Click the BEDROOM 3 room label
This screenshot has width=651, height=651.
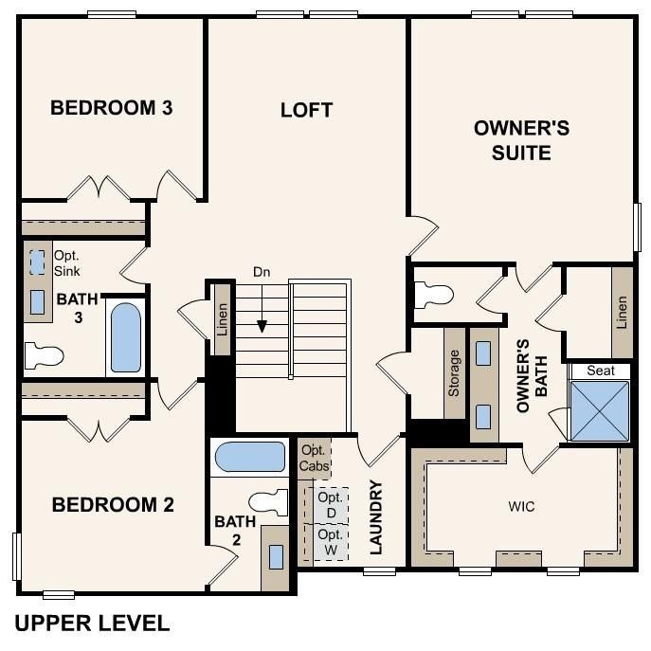pyautogui.click(x=111, y=107)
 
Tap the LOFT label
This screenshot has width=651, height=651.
pyautogui.click(x=306, y=110)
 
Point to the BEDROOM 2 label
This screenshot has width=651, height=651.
pyautogui.click(x=113, y=505)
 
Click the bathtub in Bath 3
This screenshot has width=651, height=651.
pyautogui.click(x=125, y=337)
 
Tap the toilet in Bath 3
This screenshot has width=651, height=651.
pyautogui.click(x=43, y=356)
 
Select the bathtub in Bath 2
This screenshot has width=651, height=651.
pyautogui.click(x=248, y=458)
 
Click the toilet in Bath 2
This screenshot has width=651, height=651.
pyautogui.click(x=269, y=502)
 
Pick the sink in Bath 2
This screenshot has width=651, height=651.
pyautogui.click(x=276, y=556)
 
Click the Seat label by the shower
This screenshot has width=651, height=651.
pyautogui.click(x=598, y=370)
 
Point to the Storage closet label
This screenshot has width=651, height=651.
pyautogui.click(x=454, y=372)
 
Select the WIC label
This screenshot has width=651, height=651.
pyautogui.click(x=521, y=507)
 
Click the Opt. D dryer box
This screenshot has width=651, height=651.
pyautogui.click(x=331, y=505)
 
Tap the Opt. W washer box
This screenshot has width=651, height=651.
pyautogui.click(x=331, y=543)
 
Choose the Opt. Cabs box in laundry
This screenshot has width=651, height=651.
pyautogui.click(x=315, y=458)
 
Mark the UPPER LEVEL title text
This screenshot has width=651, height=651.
pyautogui.click(x=93, y=623)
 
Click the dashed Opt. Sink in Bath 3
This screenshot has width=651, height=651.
pyautogui.click(x=37, y=262)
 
